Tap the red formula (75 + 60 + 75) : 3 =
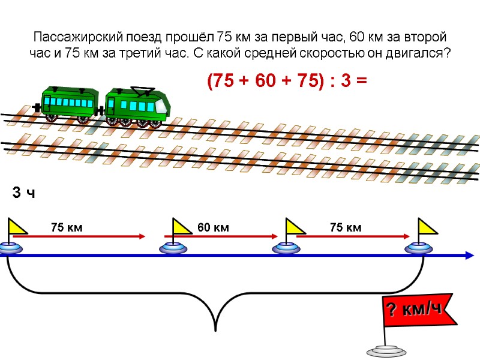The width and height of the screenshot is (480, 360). click(x=286, y=82)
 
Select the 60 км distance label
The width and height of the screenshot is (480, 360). click(x=213, y=227)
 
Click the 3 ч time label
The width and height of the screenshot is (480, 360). click(x=24, y=193)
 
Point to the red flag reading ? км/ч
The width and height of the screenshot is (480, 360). click(x=412, y=311)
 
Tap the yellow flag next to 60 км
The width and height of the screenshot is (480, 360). click(x=182, y=227)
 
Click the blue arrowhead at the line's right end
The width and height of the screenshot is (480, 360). click(x=468, y=256)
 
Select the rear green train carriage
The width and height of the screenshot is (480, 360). click(x=70, y=103)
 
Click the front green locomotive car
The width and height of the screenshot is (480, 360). click(x=136, y=106)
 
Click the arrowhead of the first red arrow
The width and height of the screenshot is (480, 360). click(x=142, y=236)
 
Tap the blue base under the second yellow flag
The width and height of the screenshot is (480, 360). click(x=175, y=248)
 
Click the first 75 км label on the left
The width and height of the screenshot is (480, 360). click(x=66, y=227)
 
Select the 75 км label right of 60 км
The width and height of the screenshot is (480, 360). click(x=346, y=227)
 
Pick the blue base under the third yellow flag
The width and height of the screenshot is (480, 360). click(x=286, y=248)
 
